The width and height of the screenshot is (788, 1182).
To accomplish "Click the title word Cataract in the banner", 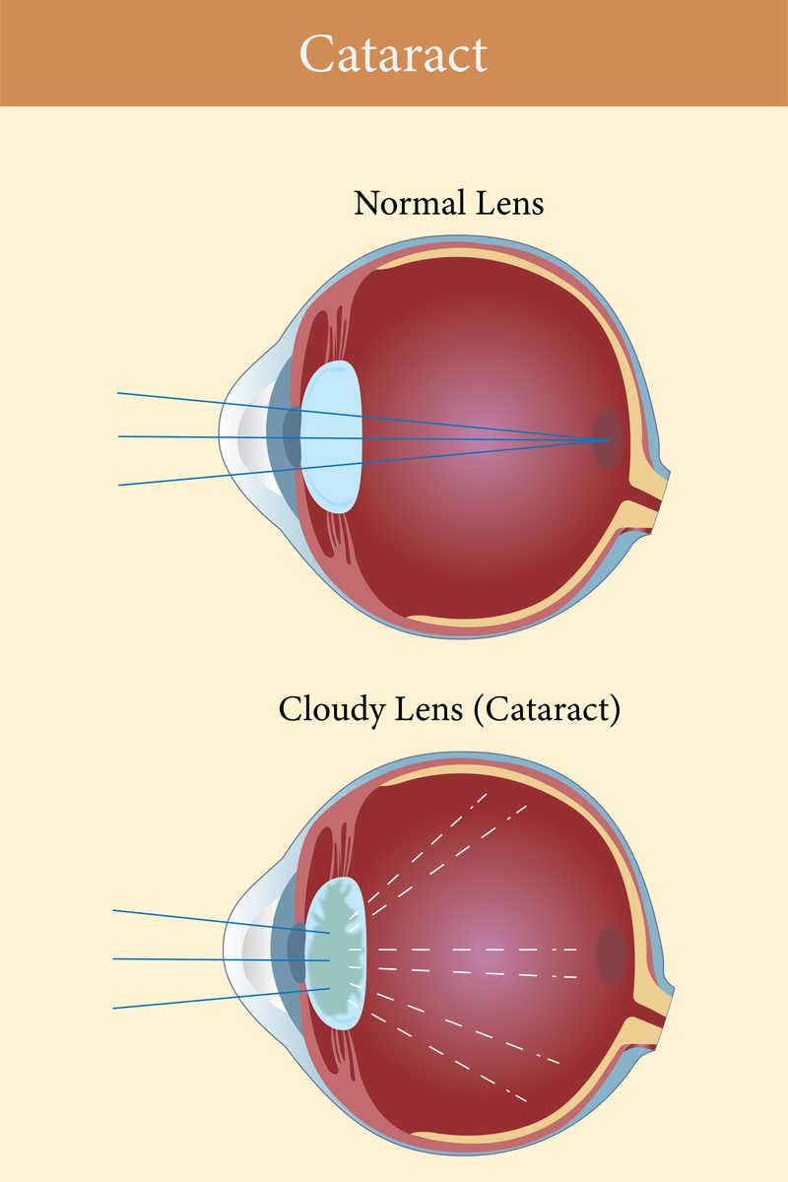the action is pyautogui.click(x=393, y=54).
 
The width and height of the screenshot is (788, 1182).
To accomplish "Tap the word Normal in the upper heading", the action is pyautogui.click(x=410, y=203).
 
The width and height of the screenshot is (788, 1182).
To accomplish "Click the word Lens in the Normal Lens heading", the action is pyautogui.click(x=509, y=203).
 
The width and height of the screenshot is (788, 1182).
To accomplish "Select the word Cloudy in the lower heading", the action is pyautogui.click(x=332, y=710).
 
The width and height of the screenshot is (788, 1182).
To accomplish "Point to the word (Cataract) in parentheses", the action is pyautogui.click(x=547, y=710).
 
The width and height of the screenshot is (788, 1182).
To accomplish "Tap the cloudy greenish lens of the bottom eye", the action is pyautogui.click(x=336, y=953).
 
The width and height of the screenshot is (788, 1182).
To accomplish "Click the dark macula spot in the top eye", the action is pyautogui.click(x=607, y=438).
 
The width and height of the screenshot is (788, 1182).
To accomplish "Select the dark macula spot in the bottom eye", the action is pyautogui.click(x=611, y=954).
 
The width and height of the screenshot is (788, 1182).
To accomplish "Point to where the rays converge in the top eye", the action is pyautogui.click(x=610, y=440).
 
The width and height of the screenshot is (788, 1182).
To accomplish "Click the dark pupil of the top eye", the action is pyautogui.click(x=292, y=437).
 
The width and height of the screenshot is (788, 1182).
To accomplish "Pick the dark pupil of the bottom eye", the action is pyautogui.click(x=296, y=953).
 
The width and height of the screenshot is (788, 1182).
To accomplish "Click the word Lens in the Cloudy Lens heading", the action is pyautogui.click(x=428, y=710).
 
